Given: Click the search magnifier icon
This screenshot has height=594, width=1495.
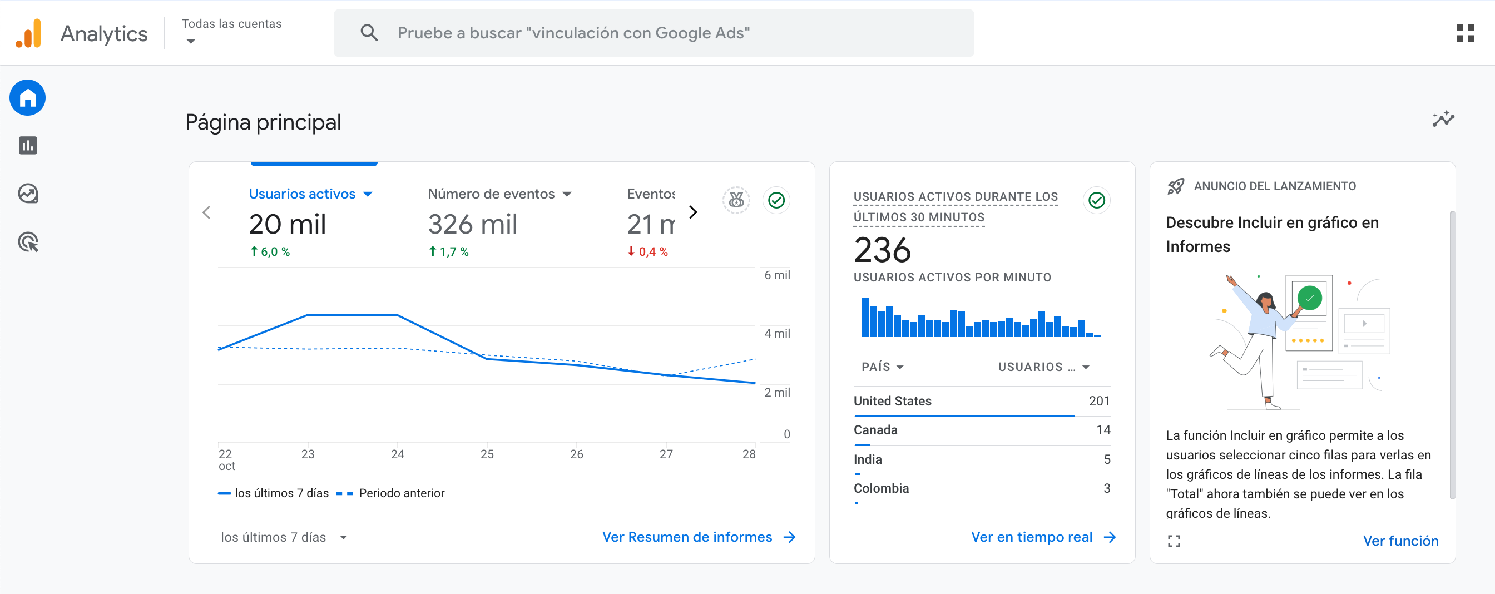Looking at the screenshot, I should [369, 33].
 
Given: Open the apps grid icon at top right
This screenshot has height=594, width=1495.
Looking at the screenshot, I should [1465, 33].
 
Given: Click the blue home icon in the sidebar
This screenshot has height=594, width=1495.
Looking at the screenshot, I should [28, 97].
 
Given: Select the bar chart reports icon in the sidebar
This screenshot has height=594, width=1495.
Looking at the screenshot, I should [28, 146].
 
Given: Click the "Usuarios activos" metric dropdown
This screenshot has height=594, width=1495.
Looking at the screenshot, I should [310, 194].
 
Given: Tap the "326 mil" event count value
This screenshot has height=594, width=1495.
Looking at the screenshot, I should [472, 225].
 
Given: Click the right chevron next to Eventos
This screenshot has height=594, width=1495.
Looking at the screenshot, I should [693, 212].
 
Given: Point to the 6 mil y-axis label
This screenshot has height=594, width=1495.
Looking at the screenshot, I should [776, 275].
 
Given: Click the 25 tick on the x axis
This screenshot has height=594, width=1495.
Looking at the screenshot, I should [487, 454].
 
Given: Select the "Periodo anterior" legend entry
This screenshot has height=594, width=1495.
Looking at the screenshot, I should [401, 493].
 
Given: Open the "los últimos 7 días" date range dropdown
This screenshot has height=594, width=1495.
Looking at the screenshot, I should [284, 537].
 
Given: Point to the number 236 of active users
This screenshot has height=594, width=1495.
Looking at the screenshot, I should [882, 250].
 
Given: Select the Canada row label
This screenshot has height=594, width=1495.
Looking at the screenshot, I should [875, 430].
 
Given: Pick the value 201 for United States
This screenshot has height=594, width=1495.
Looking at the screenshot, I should [1098, 401].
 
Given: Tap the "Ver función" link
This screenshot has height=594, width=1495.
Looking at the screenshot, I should [1400, 541].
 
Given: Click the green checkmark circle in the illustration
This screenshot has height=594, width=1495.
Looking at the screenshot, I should [1309, 298].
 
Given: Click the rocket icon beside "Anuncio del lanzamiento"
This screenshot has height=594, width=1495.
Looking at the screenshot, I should [1175, 186].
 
